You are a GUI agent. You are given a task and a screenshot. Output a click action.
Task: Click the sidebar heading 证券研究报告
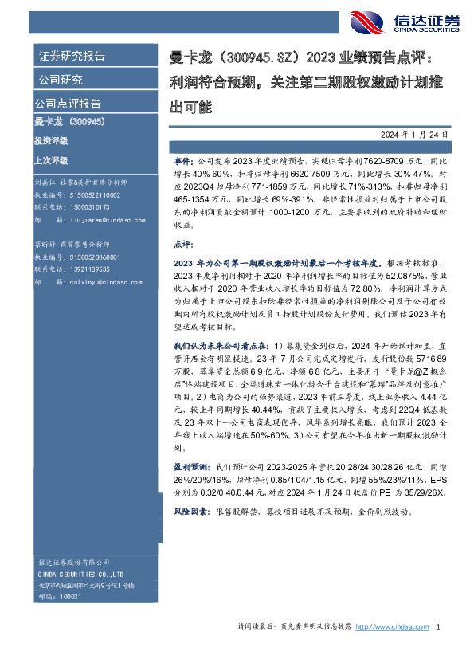click(71, 57)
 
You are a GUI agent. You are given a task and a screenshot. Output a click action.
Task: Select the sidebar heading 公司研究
click(61, 80)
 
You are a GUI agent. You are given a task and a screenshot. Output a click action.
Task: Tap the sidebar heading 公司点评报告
click(68, 104)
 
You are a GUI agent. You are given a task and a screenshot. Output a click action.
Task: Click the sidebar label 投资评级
click(51, 140)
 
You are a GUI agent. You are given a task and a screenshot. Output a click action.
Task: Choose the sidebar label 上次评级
click(51, 159)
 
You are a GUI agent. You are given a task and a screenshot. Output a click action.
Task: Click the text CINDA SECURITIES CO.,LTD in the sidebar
click(79, 574)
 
